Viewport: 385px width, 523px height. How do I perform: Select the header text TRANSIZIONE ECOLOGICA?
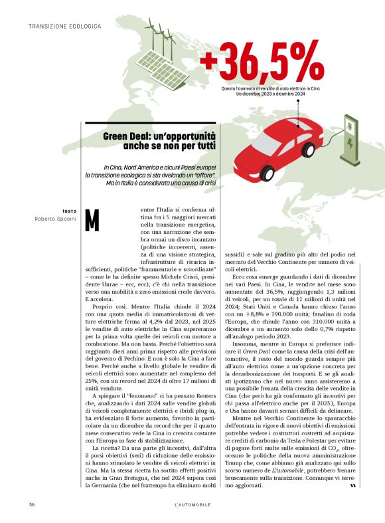click(64, 26)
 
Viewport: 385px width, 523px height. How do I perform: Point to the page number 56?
click(32, 506)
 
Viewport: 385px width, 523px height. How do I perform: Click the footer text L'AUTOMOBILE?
click(192, 506)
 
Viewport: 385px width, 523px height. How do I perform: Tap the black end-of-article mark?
click(353, 486)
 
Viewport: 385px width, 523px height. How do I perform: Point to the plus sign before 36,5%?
click(208, 60)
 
